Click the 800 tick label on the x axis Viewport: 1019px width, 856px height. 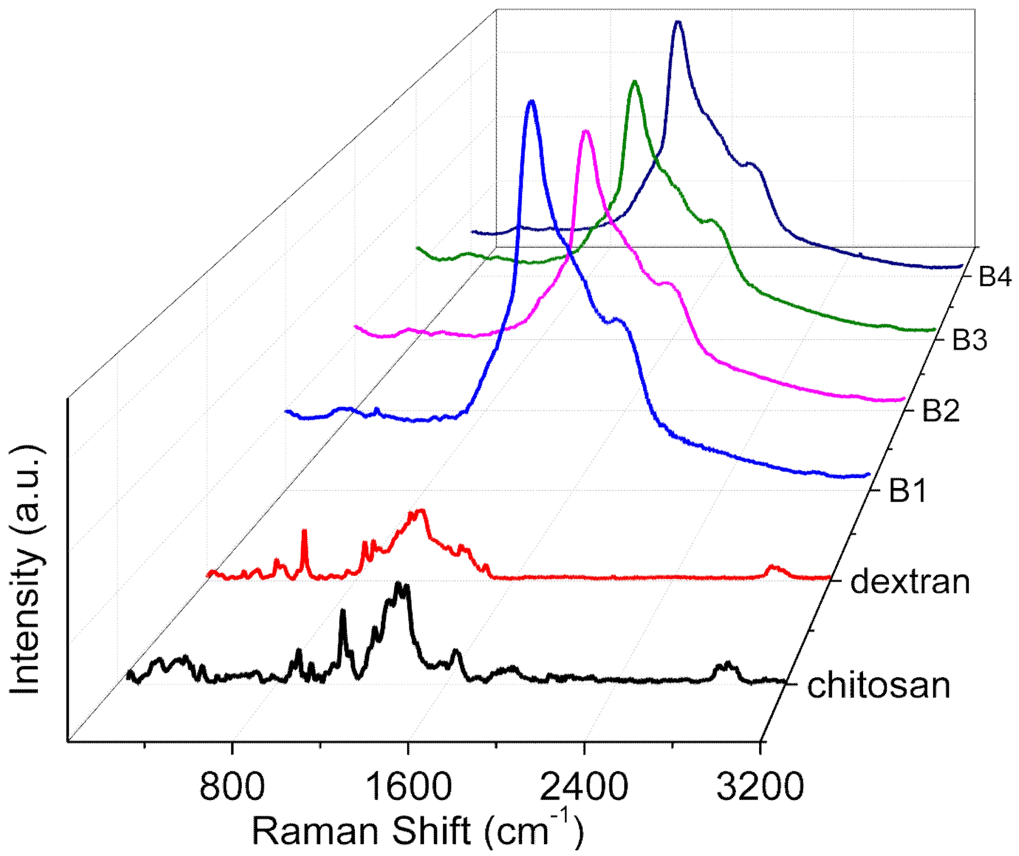coord(232,787)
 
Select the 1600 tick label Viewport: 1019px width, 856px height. coord(408,787)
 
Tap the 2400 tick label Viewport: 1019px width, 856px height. coord(584,787)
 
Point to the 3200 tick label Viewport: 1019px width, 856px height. coord(760,787)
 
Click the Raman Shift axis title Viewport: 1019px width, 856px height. coord(417,830)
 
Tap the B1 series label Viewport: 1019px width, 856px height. coord(908,491)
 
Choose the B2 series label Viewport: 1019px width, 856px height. coord(941,410)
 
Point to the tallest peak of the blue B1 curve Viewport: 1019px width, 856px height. coord(532,102)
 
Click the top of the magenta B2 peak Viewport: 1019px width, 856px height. coord(586,131)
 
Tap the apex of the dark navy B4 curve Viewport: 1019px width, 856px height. coord(678,22)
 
